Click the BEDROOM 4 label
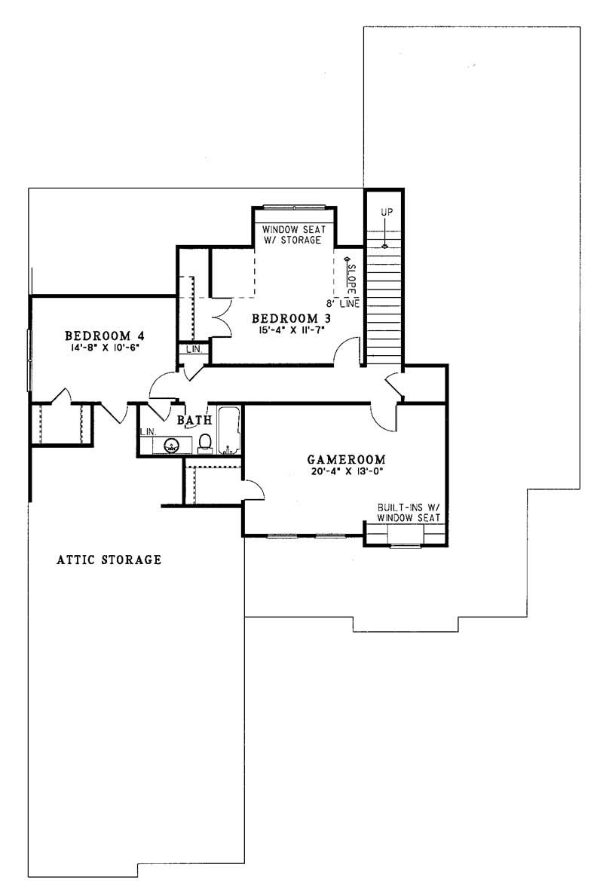click(x=104, y=336)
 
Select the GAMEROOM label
click(x=347, y=459)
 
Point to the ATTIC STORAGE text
click(x=110, y=560)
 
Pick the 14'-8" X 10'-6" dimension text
click(x=104, y=348)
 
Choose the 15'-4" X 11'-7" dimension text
click(x=294, y=330)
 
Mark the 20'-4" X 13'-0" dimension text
click(x=347, y=472)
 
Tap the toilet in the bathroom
click(x=204, y=443)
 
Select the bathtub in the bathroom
click(x=229, y=431)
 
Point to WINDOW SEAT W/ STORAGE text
click(x=292, y=234)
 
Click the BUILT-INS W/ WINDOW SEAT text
click(x=409, y=513)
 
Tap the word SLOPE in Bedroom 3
click(x=350, y=275)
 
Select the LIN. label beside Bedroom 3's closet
click(x=192, y=349)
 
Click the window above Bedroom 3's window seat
click(x=294, y=207)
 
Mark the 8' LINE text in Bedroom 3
click(x=349, y=302)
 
